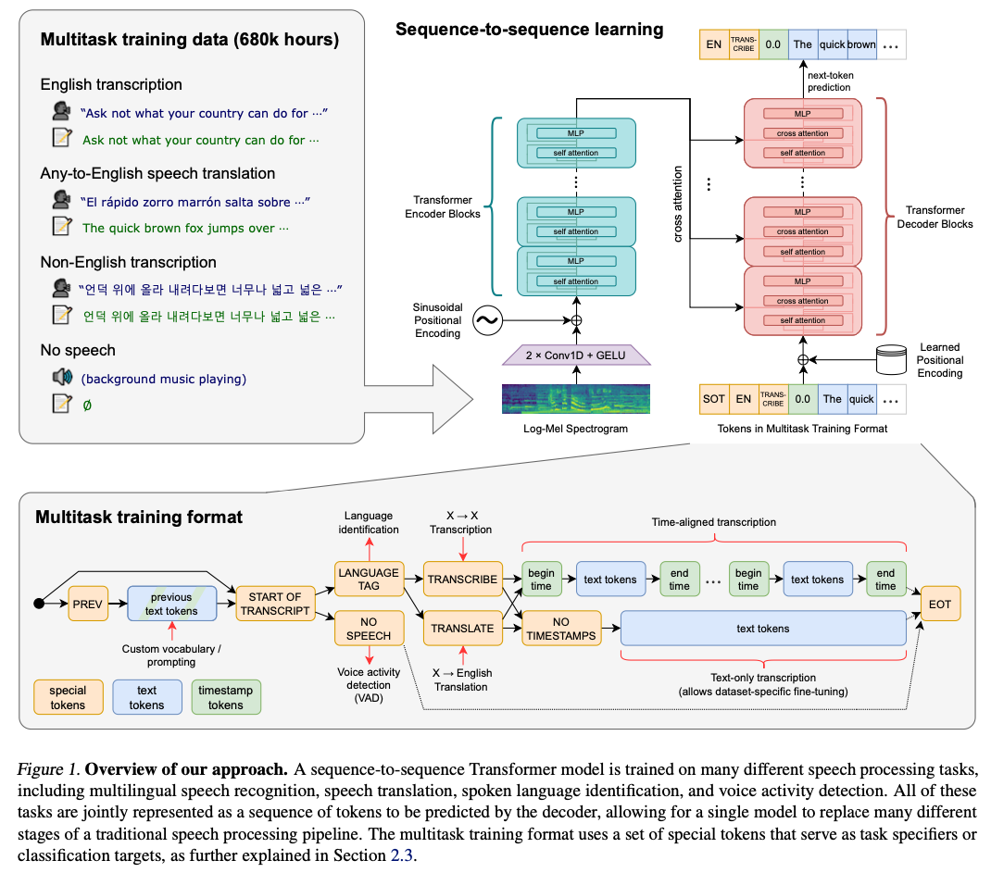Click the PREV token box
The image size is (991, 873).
pos(87,604)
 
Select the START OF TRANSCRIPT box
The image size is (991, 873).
pos(275,604)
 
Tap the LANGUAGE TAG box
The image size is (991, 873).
pos(369,580)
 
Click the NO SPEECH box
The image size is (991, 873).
pos(369,629)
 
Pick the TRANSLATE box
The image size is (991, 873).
pos(463,629)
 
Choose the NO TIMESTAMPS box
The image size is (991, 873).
pos(561,629)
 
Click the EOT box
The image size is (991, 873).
pos(940,604)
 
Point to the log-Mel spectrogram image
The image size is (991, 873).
pos(576,399)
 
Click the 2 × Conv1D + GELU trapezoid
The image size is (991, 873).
pos(576,355)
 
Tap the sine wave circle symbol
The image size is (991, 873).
pos(488,321)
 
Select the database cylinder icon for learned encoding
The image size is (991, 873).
pos(892,360)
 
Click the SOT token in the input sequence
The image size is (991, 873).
pos(713,399)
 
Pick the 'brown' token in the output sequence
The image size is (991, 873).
pos(861,44)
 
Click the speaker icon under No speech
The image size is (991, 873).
pos(62,377)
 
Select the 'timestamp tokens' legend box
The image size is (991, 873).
pos(226,697)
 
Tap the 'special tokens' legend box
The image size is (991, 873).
pos(68,697)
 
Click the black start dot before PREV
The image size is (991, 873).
pos(39,604)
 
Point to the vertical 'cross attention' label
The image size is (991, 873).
pos(678,204)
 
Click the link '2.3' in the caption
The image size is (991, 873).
pos(401,855)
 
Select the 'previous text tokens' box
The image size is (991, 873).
pos(172,604)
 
